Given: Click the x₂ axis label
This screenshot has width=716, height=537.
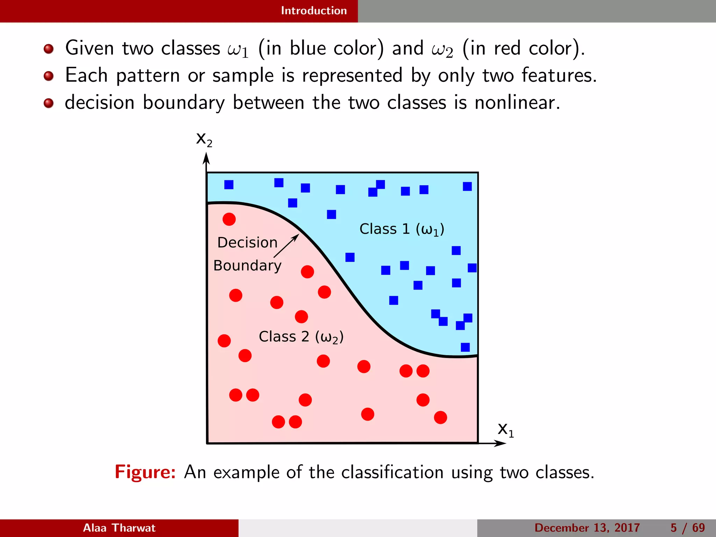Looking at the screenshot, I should pos(204,139).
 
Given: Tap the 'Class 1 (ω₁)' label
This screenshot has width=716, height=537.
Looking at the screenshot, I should pos(402,229).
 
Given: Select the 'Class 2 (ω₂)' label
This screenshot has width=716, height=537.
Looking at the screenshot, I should pos(301,337).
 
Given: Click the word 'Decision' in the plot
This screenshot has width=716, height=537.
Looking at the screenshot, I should pos(247,243).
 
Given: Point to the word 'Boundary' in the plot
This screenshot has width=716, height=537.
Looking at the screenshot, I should pos(247,266).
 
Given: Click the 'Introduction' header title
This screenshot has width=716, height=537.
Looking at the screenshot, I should pos(314,11).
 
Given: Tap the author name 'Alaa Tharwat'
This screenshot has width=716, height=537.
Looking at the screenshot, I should pos(119,528).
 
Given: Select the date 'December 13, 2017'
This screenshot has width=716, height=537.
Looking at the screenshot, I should pos(587,528).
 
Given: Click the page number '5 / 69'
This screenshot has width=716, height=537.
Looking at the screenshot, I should pos(687,528).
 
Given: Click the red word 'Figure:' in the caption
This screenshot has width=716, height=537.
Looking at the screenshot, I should pos(145,472).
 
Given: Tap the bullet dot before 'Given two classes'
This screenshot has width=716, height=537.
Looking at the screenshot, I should pos(49,49).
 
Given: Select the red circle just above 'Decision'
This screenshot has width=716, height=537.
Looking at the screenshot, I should pos(229,219).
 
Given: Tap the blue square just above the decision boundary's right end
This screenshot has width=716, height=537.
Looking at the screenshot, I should pos(465,347).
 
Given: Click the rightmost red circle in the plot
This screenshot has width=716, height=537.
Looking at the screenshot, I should pos(440,417).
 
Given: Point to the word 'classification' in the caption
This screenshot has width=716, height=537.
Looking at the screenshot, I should pos(392,472).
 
